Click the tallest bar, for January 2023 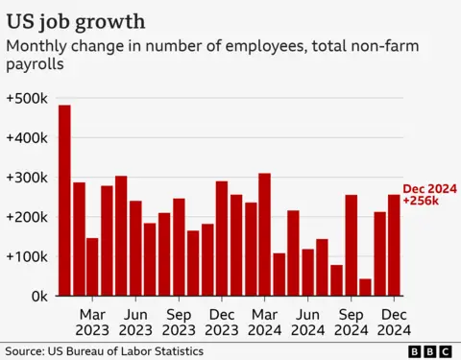click(64, 201)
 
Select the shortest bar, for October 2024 click(365, 287)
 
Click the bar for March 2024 click(264, 235)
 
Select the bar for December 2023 click(221, 239)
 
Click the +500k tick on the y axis click(26, 99)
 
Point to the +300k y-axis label click(26, 179)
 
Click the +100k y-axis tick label click(26, 257)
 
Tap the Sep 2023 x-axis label click(179, 322)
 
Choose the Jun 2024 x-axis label click(307, 322)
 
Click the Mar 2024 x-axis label click(264, 322)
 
